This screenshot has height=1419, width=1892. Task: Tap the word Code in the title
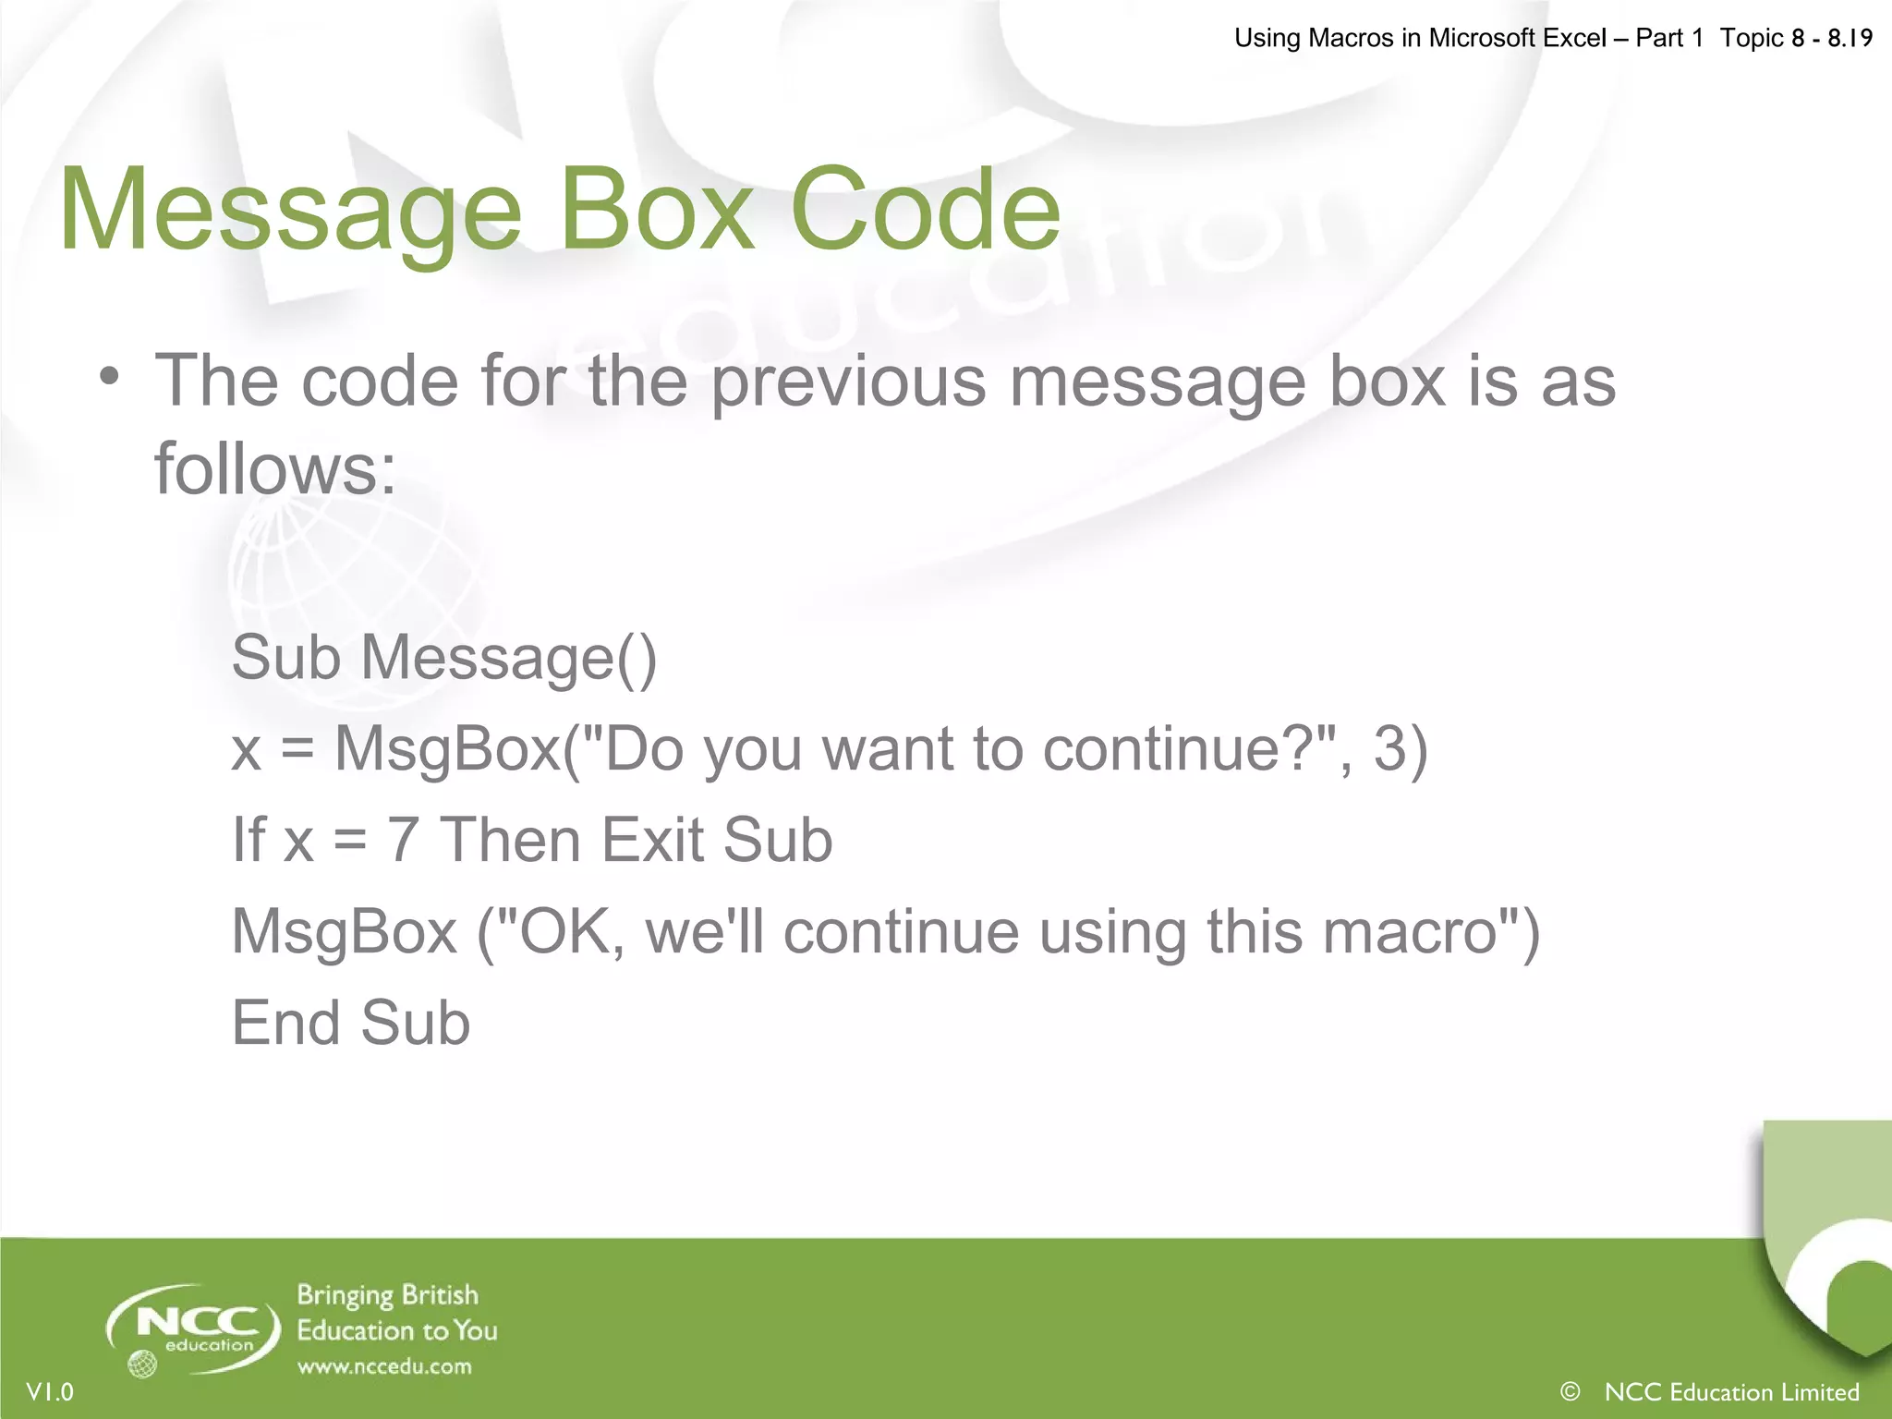925,211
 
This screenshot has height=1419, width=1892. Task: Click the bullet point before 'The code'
110,377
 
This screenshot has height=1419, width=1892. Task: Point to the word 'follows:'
274,467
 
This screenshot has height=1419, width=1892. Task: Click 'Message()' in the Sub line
508,658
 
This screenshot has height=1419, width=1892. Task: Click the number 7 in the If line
402,840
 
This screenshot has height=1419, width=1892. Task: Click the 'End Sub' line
351,1023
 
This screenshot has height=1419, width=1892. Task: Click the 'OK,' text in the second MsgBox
572,931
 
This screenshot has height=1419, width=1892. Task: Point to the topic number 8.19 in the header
1850,38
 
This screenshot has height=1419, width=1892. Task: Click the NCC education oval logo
193,1328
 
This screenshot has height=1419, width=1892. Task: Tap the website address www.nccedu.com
384,1366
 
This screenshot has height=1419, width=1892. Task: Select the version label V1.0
50,1392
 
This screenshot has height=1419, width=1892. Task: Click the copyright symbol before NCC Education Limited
1570,1391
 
